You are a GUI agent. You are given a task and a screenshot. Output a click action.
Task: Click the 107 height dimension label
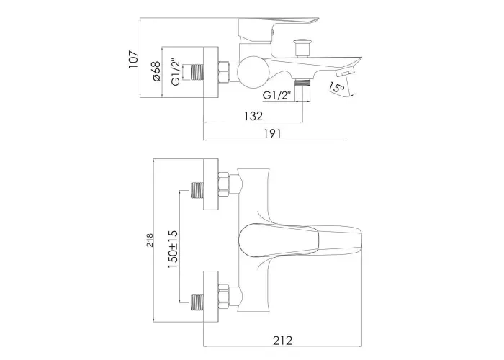[133, 59]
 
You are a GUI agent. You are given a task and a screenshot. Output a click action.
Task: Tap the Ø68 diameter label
[156, 71]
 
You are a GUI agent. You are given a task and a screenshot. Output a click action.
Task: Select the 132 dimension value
[253, 116]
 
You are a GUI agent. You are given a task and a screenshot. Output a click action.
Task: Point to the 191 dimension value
[272, 133]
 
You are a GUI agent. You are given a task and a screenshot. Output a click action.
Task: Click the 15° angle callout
[336, 87]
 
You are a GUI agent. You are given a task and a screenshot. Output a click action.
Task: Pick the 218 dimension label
[150, 240]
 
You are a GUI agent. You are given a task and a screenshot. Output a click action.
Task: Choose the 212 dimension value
[283, 340]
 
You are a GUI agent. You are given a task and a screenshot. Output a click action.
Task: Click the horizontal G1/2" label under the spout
[276, 96]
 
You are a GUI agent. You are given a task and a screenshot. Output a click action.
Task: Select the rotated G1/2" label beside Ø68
[176, 72]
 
